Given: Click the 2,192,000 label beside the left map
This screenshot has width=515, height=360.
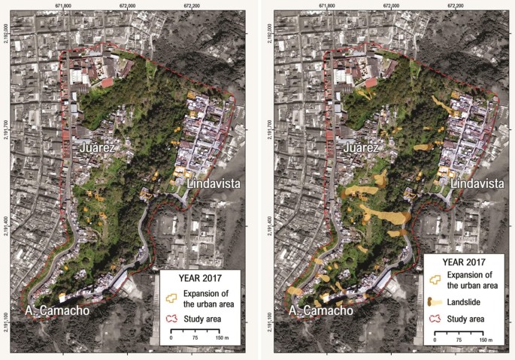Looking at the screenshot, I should click(x=7, y=34).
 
